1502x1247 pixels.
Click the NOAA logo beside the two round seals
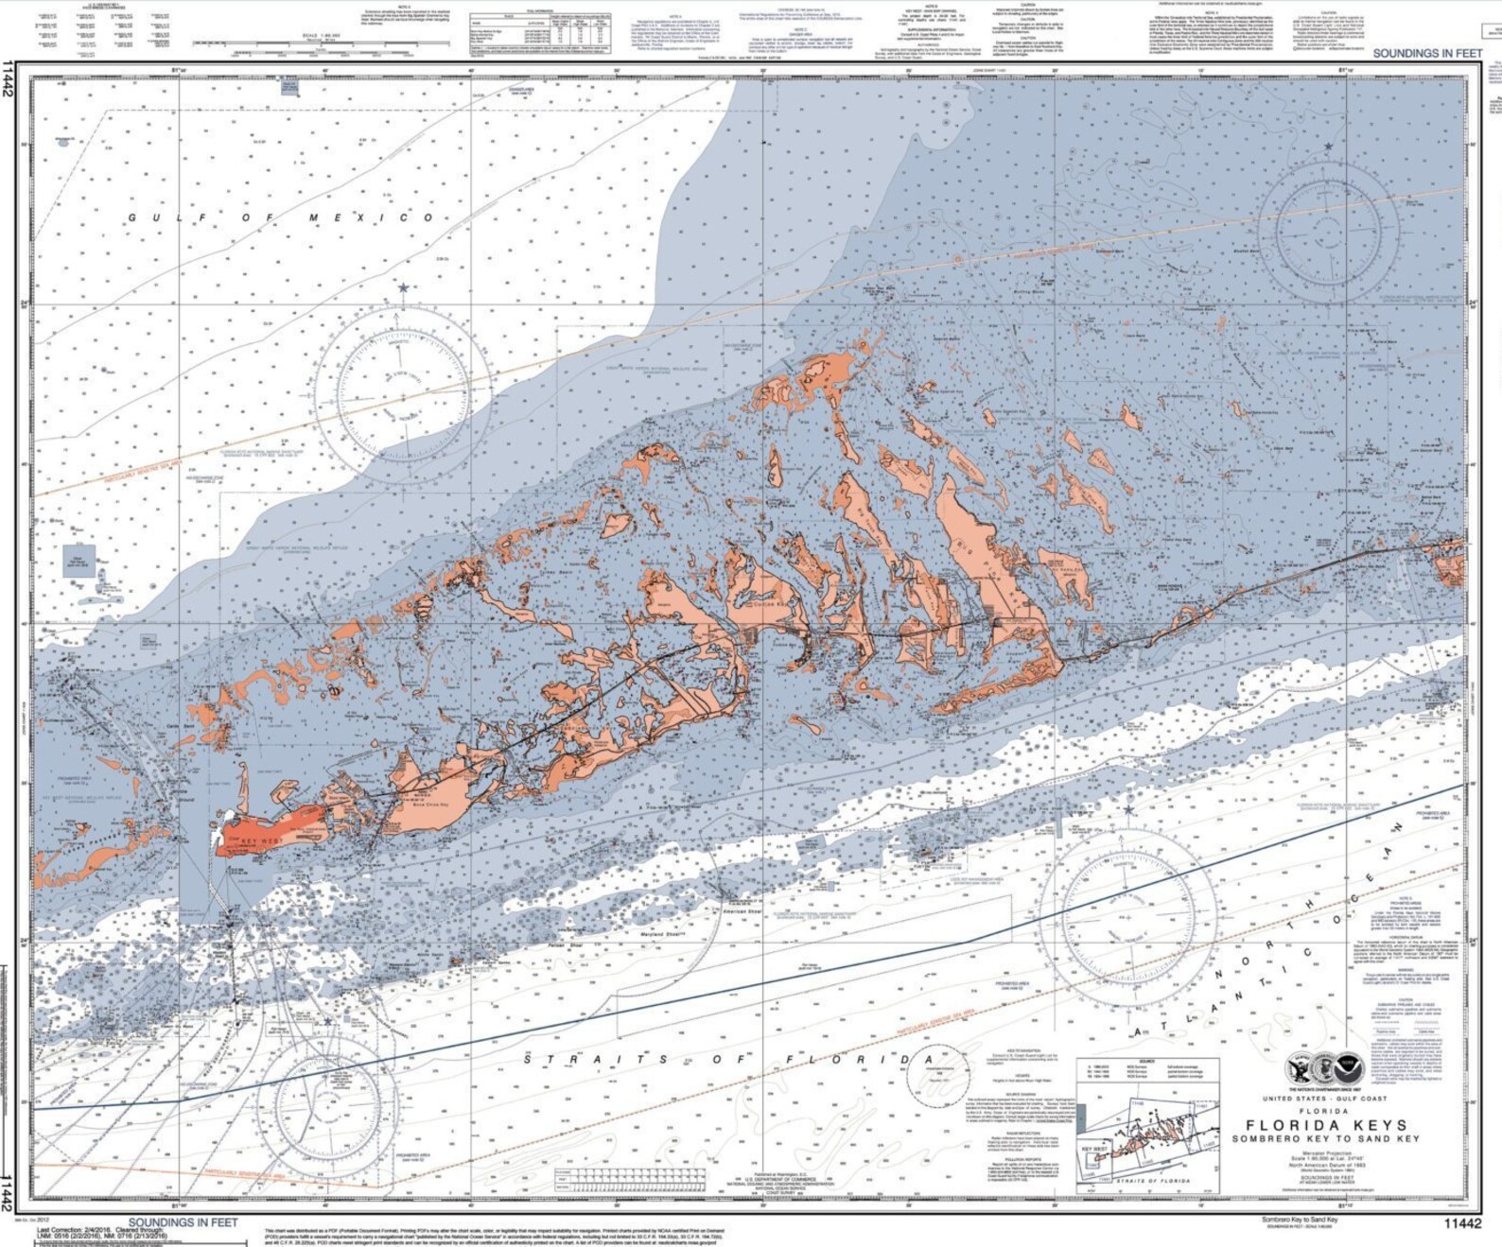point(1349,1068)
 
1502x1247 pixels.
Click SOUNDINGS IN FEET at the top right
point(1427,53)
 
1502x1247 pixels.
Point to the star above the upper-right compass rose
point(1329,147)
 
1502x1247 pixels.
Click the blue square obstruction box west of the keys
point(79,561)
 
